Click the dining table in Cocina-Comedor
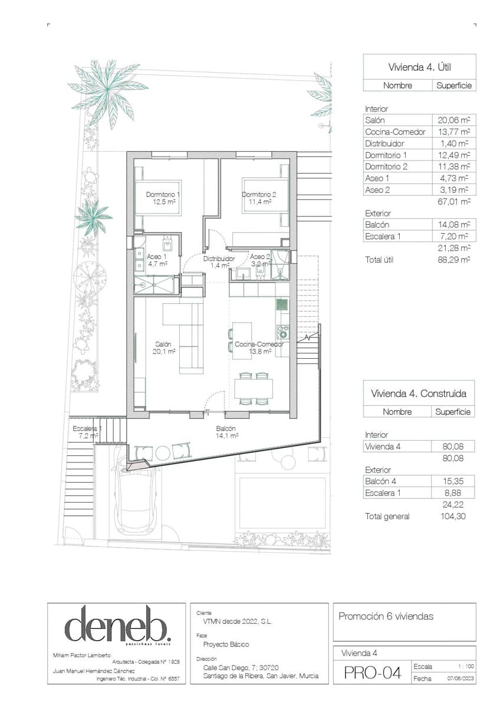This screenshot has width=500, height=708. pos(254,388)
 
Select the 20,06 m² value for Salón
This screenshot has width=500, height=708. pos(452,120)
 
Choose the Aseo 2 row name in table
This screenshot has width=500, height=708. pos(377,190)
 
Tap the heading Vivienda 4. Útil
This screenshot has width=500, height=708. pos(419,67)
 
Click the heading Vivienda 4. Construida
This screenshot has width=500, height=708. pos(419,393)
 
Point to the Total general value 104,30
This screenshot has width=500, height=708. pos(452,516)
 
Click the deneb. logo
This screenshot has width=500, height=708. pos(117,625)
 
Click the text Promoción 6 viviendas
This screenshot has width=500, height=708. pos(386,617)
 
